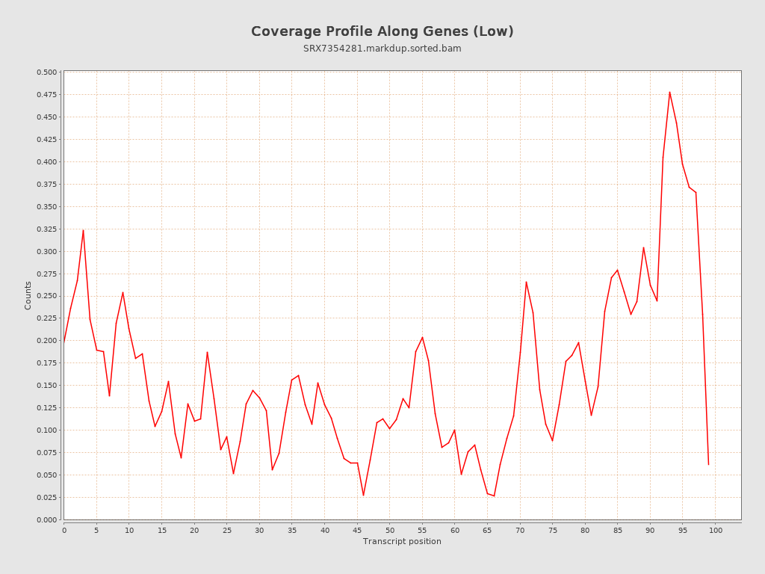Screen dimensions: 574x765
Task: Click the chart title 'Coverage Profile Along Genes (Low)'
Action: tap(382, 31)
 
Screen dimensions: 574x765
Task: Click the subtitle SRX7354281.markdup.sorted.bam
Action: tap(382, 49)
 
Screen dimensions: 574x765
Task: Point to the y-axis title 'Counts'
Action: tap(28, 295)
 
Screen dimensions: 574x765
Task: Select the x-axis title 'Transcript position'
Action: tap(402, 541)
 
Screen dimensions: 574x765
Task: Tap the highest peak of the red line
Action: tap(669, 92)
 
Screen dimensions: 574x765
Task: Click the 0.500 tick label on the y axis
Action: tap(46, 72)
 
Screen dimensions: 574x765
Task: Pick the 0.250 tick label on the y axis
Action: tap(46, 296)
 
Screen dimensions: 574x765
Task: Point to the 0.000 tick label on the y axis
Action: tap(46, 519)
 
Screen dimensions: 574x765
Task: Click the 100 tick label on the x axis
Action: tap(716, 530)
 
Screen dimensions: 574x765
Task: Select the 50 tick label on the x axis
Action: tap(390, 530)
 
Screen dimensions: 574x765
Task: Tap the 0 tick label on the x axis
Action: tap(64, 530)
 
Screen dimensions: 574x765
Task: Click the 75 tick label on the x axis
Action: tap(553, 530)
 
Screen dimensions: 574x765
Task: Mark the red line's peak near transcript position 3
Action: tap(83, 230)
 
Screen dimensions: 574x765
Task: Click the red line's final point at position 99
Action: tap(709, 464)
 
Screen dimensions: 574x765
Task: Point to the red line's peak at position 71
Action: tap(526, 282)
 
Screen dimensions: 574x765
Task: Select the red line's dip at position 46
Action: tap(364, 495)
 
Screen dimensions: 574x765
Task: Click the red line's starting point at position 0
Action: tap(64, 342)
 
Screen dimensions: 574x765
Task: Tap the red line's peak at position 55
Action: tap(422, 337)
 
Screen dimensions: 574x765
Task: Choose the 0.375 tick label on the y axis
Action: tap(46, 184)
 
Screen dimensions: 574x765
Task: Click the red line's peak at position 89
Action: tap(643, 247)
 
